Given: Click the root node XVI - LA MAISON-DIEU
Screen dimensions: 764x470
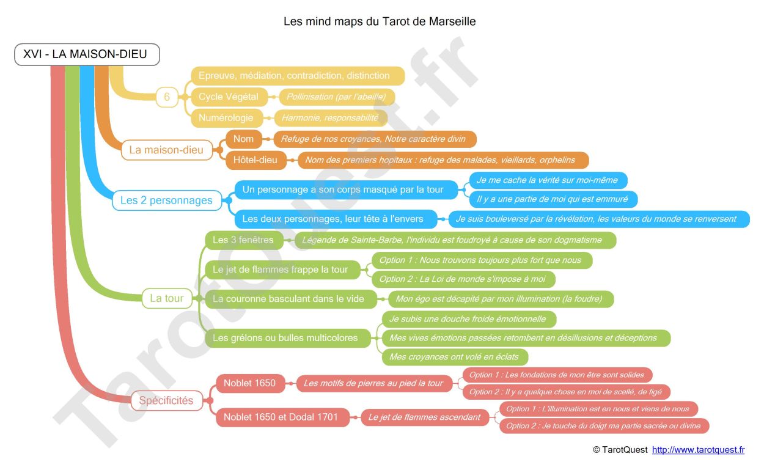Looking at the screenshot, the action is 87,54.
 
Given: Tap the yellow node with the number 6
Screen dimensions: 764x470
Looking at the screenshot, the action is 167,97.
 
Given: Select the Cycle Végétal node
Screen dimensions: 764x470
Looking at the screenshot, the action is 229,97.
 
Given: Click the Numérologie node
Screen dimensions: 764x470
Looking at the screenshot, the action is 227,118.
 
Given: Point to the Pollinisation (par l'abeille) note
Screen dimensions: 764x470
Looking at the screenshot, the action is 337,97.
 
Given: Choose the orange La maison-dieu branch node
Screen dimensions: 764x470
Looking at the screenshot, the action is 167,150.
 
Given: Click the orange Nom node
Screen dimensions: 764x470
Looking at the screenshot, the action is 244,139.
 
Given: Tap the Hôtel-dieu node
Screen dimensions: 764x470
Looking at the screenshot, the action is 256,160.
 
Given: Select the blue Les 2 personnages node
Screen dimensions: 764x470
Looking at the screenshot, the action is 167,200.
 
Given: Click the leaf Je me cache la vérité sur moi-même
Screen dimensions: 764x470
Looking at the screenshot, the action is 548,180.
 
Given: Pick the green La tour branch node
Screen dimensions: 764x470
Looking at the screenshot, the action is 167,298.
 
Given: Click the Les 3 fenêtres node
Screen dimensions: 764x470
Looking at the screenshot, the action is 244,240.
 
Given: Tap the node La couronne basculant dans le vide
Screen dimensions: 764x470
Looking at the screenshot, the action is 291,299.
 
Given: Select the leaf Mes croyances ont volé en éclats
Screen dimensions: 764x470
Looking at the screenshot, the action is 455,357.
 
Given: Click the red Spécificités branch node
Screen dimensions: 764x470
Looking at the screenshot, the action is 167,400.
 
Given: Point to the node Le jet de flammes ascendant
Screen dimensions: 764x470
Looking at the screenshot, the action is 425,417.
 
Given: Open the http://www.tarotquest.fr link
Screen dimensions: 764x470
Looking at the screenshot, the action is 698,450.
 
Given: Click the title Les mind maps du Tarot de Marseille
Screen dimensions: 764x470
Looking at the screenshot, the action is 380,21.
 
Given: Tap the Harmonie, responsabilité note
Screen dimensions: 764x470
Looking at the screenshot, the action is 331,118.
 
